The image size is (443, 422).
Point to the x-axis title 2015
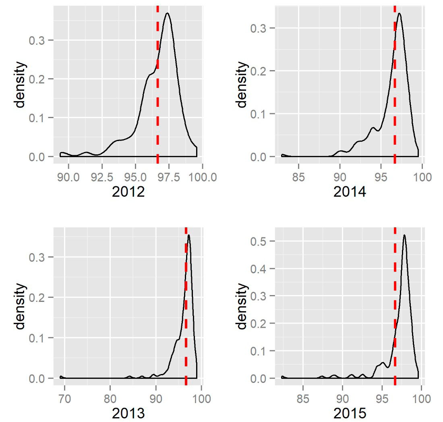point(350,414)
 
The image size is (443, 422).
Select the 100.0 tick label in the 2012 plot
point(202,177)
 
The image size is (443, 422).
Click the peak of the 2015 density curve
point(404,235)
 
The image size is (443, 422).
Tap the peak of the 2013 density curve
point(188,235)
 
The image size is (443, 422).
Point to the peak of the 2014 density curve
point(399,13)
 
